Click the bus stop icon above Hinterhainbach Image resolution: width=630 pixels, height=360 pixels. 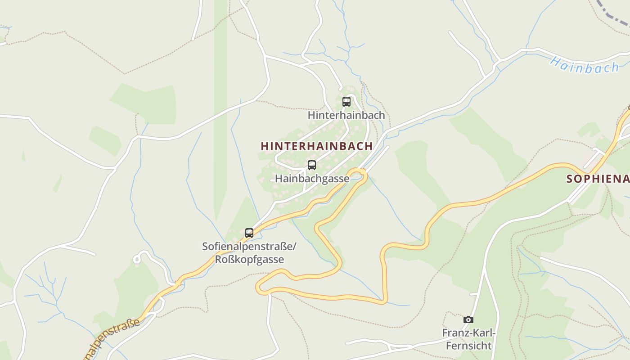346,102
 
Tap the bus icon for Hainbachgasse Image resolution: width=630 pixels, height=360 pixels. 311,165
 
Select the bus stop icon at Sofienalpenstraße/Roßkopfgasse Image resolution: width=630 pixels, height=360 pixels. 249,233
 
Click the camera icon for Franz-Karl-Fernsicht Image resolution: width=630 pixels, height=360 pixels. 468,319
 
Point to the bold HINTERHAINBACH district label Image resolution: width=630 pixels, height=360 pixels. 316,146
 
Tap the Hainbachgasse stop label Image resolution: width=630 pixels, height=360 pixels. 312,179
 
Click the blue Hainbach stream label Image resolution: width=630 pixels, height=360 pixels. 584,66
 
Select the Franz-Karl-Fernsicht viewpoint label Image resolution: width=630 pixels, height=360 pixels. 468,339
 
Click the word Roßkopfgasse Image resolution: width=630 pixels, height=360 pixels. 249,260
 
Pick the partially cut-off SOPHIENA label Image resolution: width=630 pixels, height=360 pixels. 598,179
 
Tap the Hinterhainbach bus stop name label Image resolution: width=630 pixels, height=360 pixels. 346,115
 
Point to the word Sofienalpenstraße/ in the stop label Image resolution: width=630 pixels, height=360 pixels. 249,247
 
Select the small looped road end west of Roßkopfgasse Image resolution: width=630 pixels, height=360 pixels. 137,259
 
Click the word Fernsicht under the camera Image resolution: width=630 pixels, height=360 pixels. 468,346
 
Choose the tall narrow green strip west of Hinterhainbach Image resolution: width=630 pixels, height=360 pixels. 220,112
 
